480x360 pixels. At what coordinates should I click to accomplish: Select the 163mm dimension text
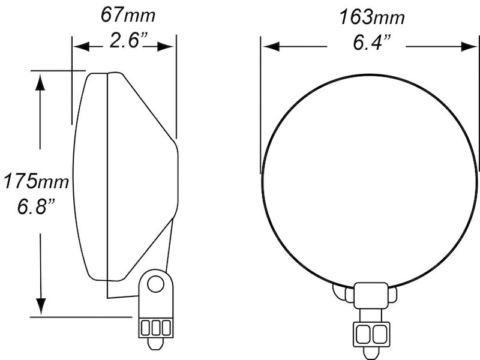pos(372,17)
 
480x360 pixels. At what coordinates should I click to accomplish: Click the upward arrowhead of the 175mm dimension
pos(40,81)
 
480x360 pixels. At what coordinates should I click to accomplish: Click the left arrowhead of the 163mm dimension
pos(271,46)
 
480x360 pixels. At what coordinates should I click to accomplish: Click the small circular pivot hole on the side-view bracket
pos(155,284)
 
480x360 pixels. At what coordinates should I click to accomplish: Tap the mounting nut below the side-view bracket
pos(156,328)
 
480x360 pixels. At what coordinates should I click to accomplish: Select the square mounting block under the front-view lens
pos(371,295)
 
